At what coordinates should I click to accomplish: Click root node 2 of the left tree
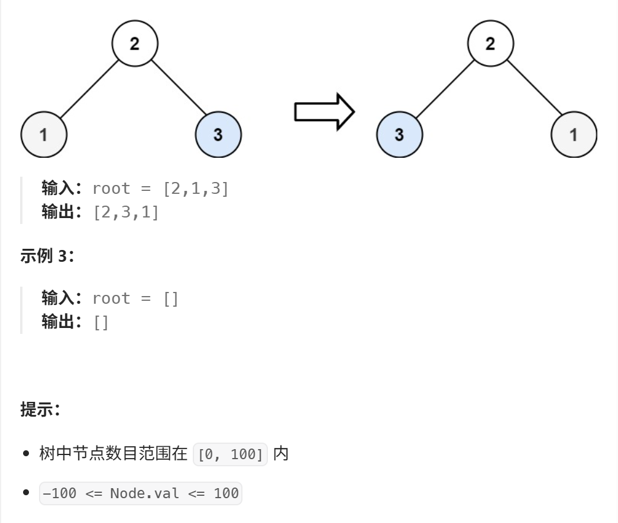coord(135,44)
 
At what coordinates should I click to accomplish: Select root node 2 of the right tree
coord(490,44)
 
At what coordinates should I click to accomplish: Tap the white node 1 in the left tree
coord(44,134)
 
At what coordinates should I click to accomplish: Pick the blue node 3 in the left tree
coord(218,134)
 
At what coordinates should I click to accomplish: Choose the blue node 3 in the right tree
coord(399,134)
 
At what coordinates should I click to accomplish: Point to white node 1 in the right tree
coord(573,134)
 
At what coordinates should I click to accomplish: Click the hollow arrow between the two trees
coord(324,111)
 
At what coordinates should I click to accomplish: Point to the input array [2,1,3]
coord(196,189)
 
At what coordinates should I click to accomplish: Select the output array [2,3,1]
coord(126,212)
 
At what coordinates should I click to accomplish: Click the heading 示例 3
coord(47,255)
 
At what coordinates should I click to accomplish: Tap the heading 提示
coord(40,409)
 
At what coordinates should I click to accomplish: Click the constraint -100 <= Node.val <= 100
coord(141,493)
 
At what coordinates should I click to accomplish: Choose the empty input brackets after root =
coord(171,299)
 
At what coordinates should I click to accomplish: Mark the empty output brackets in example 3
coord(101,322)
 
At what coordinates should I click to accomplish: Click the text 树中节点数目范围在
coord(113,454)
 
